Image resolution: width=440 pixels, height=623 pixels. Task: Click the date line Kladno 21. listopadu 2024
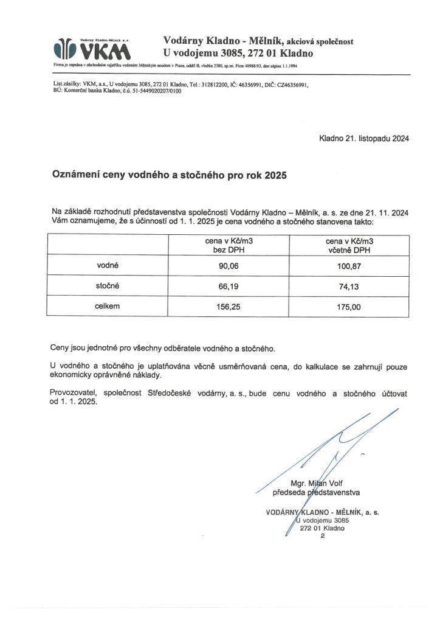point(364,138)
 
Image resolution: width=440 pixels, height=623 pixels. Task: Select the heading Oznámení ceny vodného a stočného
point(168,174)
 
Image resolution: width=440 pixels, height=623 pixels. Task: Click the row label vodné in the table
point(108,266)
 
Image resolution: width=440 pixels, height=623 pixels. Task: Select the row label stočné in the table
point(108,286)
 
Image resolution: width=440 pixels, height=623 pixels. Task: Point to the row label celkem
point(108,306)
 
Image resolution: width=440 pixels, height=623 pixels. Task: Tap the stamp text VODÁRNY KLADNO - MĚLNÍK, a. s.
point(323,512)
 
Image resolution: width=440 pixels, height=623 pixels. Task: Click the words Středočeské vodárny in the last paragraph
point(184,394)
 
